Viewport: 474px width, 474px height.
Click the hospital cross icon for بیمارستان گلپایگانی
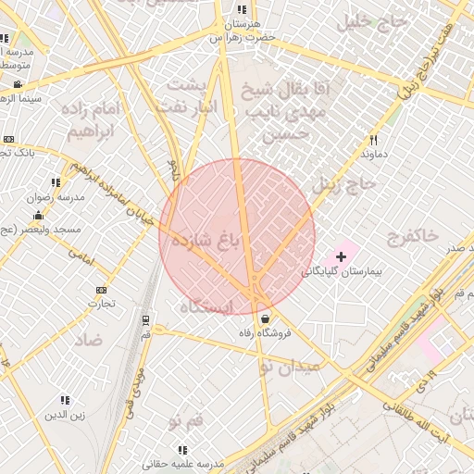pos(342,256)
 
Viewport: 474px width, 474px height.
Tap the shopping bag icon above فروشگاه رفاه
pos(265,319)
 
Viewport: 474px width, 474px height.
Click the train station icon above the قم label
pos(145,320)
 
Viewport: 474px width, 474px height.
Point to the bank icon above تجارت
pos(101,290)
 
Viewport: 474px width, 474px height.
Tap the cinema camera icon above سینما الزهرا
pos(18,84)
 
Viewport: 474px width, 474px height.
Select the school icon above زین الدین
pos(65,400)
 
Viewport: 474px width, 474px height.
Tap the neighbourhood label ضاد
pos(89,340)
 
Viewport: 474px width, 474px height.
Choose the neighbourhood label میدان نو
pos(291,367)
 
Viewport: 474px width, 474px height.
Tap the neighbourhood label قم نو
pos(186,422)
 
